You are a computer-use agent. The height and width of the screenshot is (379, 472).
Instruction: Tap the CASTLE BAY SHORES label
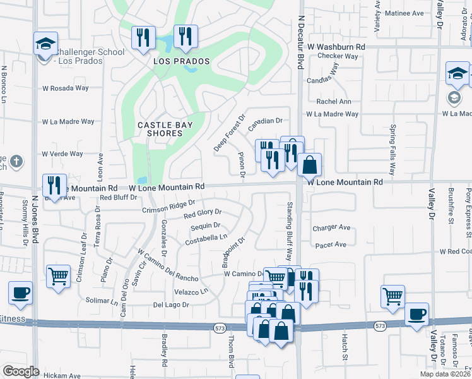(165, 129)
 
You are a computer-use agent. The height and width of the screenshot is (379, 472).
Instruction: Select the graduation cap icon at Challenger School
(45, 44)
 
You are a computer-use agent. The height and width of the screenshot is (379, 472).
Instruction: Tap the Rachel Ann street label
(334, 101)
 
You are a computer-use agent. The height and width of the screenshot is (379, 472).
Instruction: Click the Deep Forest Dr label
(229, 133)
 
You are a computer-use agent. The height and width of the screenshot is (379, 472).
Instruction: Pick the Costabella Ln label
(206, 239)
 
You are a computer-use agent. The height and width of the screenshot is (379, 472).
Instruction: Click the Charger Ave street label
(331, 227)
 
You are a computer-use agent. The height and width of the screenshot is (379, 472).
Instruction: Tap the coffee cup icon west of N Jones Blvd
(20, 293)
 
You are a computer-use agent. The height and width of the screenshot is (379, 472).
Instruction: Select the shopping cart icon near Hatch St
(392, 296)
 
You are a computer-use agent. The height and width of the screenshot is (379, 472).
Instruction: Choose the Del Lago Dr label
(171, 304)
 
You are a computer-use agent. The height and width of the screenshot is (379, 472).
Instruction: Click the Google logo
(21, 371)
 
